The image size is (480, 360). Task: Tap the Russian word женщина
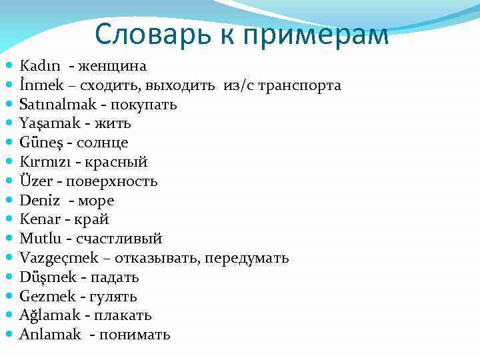[113, 66]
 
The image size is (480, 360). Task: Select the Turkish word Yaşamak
[47, 123]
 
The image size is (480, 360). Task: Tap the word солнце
[102, 143]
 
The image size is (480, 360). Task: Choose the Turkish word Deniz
[40, 201]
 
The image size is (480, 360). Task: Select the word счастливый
[119, 239]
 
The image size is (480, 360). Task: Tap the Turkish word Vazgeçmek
[55, 258]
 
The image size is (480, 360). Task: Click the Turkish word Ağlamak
[49, 315]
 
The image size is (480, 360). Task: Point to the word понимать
[135, 335]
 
